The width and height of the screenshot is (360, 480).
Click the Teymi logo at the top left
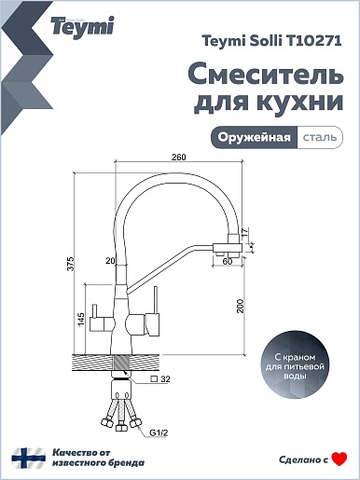[82, 27]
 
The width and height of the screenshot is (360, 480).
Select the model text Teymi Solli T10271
[271, 41]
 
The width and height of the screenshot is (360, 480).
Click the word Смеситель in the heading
[266, 75]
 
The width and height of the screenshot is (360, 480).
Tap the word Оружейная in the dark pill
[254, 137]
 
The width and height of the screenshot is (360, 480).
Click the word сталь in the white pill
[320, 137]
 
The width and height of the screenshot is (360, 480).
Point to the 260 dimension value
[179, 158]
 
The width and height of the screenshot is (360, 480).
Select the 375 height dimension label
[72, 264]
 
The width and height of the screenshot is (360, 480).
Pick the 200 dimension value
[241, 306]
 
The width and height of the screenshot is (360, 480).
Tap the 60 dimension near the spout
[228, 262]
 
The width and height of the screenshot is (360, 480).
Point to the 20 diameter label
[110, 261]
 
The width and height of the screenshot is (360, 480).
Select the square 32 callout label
[160, 379]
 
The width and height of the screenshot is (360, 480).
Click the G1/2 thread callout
[159, 432]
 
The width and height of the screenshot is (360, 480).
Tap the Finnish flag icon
[29, 458]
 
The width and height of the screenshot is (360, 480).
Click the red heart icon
[339, 459]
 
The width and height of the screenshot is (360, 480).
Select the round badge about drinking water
[295, 366]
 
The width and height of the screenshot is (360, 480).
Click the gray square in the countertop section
[122, 363]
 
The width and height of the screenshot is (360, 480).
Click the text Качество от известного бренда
[98, 458]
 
